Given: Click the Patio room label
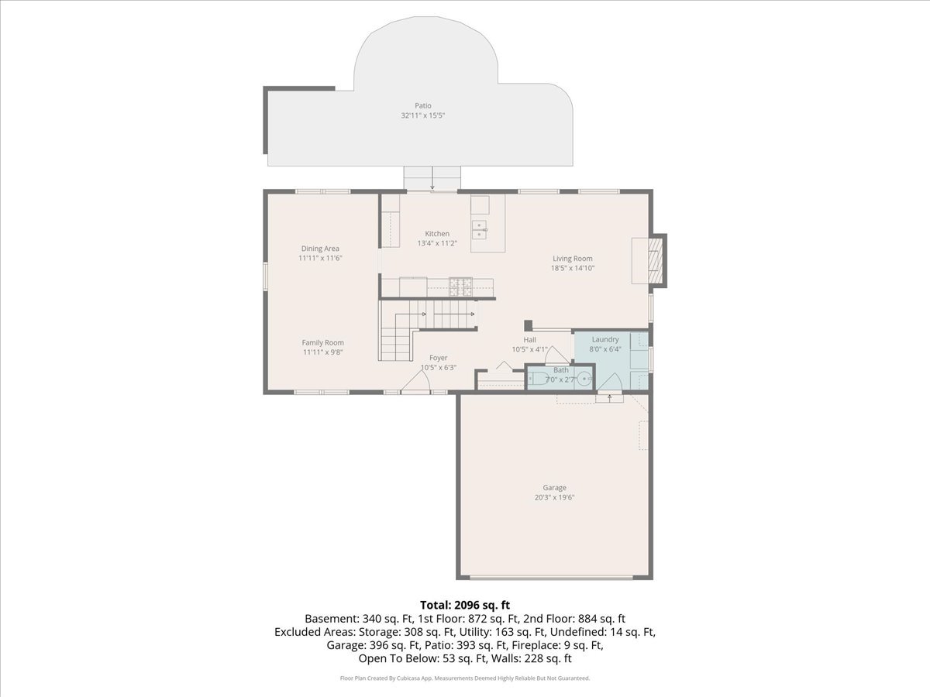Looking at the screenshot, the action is tap(423, 105).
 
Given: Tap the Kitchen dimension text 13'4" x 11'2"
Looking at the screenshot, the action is tap(437, 243).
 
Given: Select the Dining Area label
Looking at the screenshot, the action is tap(320, 249).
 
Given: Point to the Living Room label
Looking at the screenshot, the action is tap(573, 258).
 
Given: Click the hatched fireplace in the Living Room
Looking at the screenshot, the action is tap(656, 260).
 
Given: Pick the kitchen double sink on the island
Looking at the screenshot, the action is tap(479, 230).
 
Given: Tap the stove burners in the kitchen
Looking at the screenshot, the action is tap(460, 286).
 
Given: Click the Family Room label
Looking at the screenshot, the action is tap(323, 342).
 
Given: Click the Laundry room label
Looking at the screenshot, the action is tap(605, 339).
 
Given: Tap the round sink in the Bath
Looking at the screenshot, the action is tap(584, 379).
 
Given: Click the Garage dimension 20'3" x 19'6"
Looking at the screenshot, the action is tap(554, 498).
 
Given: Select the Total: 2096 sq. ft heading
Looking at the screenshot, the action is tap(465, 605).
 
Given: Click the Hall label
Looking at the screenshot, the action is tap(529, 339).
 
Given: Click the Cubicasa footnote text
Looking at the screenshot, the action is tap(465, 678).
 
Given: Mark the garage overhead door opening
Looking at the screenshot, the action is tap(551, 576).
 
